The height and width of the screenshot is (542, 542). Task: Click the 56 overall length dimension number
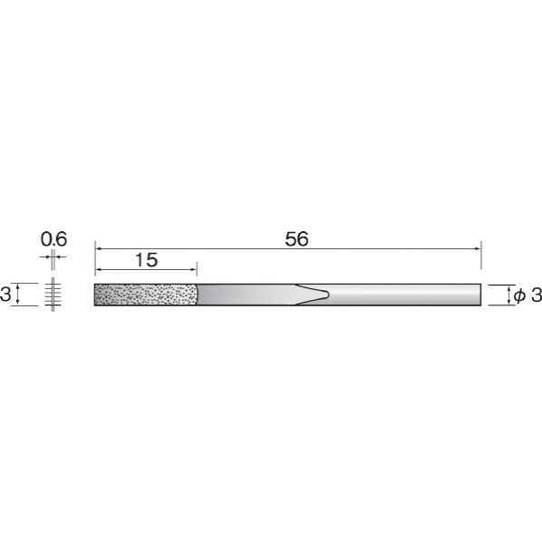pos(296,239)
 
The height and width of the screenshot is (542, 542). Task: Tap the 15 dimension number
pos(147,260)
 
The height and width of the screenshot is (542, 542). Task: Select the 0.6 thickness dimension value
pos(53,239)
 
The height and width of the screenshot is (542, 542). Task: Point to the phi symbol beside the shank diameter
pos(519,295)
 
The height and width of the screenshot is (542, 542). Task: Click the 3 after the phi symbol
pos(537,295)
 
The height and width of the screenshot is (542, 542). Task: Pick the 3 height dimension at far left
pos(5,295)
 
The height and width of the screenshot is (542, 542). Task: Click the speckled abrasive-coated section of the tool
pos(146,295)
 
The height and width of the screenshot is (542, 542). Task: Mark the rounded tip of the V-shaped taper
pos(328,295)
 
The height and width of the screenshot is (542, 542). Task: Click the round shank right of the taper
pos(404,295)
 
